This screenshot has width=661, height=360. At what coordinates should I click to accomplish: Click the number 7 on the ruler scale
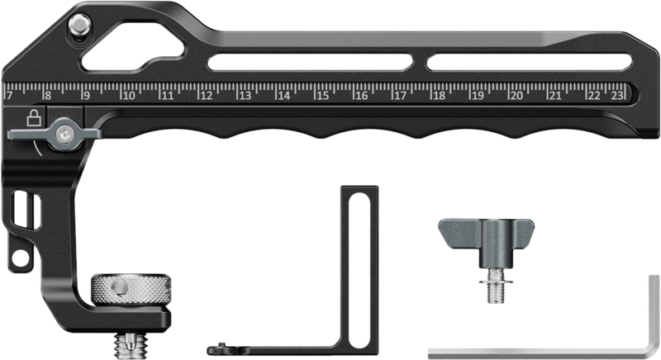[9, 96]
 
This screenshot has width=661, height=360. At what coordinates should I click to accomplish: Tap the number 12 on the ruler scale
[205, 96]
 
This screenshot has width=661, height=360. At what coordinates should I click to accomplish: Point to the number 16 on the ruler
[360, 96]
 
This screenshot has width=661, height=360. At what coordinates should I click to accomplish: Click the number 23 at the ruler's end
[616, 96]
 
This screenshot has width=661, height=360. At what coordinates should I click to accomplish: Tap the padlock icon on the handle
[33, 117]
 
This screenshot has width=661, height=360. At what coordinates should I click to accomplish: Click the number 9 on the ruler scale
[86, 96]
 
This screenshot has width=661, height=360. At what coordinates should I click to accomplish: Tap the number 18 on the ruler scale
[439, 96]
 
